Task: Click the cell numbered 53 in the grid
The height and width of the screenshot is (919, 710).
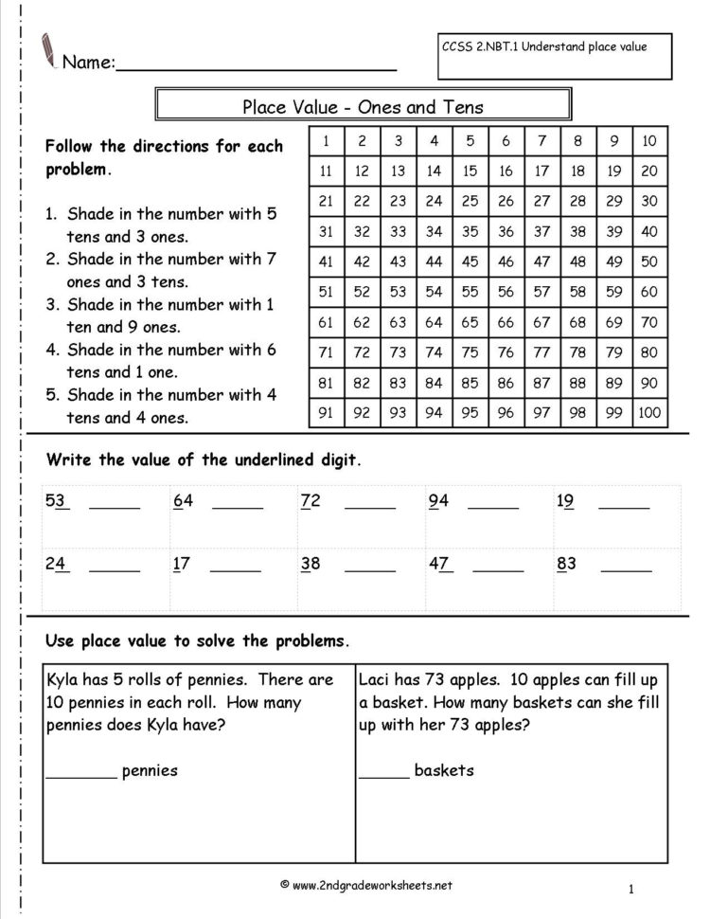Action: point(398,292)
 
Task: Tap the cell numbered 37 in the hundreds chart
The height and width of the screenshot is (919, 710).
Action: point(541,231)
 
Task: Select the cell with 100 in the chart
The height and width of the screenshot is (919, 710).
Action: point(650,412)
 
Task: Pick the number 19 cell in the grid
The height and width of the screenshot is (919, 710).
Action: point(613,171)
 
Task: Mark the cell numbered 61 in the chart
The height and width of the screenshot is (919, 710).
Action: point(326,322)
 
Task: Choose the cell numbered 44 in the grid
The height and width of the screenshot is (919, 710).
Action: point(434,261)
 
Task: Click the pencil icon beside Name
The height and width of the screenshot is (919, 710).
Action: point(47,49)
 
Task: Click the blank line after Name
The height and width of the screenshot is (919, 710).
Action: point(256,66)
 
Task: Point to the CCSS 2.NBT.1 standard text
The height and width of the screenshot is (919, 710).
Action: point(544,47)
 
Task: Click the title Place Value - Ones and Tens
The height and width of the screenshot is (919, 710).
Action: point(363,107)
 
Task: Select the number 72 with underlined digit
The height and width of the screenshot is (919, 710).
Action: point(311,501)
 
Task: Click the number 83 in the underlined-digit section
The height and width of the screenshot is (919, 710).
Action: point(566,564)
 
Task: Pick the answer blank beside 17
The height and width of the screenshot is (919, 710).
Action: point(235,571)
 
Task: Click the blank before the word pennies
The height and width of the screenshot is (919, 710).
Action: point(81,777)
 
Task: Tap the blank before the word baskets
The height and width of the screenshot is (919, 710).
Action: point(383,777)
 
